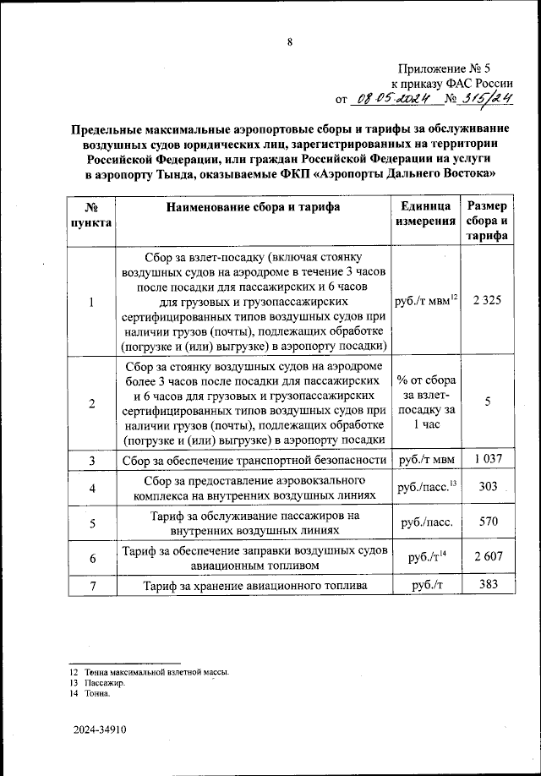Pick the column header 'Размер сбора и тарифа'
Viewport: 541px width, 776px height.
click(487, 221)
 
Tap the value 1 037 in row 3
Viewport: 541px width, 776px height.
click(487, 458)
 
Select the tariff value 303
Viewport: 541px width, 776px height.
click(487, 487)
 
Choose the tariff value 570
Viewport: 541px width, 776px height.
click(487, 522)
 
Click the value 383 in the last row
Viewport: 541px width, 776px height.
click(487, 585)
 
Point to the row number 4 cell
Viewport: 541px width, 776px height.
click(91, 488)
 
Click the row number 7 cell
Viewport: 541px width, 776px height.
click(91, 586)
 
